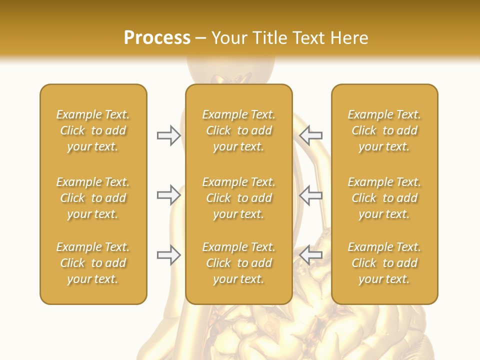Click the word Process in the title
(157, 38)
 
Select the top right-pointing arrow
(168, 135)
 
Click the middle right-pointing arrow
(168, 195)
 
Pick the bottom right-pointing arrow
(168, 255)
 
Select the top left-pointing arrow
(310, 135)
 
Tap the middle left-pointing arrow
(310, 195)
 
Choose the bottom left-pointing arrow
(310, 255)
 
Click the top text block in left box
(93, 130)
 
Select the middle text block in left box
(93, 198)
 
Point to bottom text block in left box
(93, 263)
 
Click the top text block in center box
(238, 130)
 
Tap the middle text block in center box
(238, 198)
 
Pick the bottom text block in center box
(238, 263)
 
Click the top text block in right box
(384, 130)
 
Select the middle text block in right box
(384, 198)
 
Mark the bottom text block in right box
(384, 263)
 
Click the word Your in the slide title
(230, 38)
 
